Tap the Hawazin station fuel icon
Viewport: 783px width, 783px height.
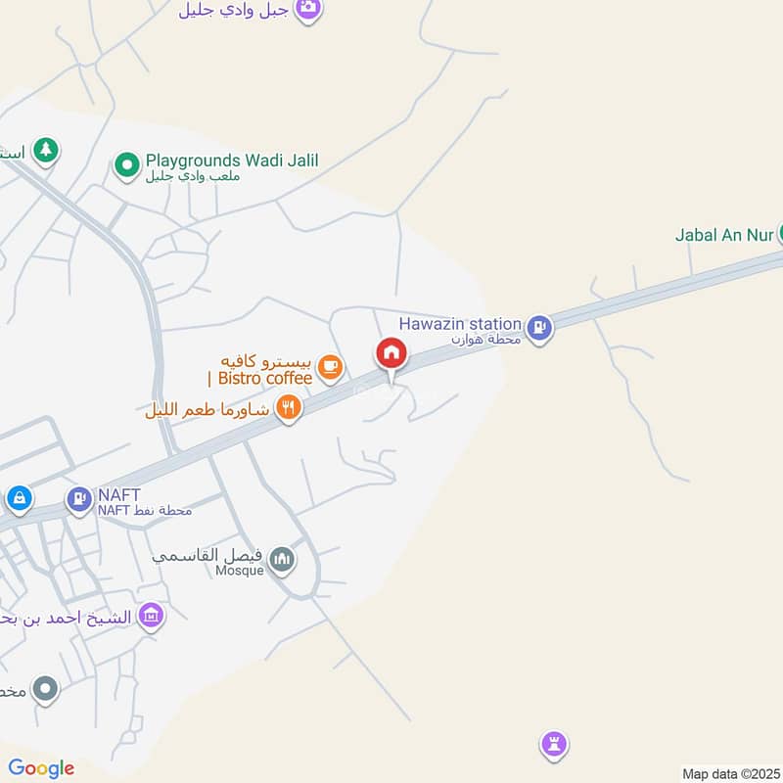(x=538, y=329)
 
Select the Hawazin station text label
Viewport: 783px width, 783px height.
(x=460, y=324)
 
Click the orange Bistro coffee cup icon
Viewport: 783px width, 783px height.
(x=330, y=367)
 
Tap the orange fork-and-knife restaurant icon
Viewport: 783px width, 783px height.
(x=288, y=407)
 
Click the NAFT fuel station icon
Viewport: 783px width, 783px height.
(x=77, y=499)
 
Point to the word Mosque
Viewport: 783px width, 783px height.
(x=240, y=571)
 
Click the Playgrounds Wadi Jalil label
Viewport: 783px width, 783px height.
(x=232, y=161)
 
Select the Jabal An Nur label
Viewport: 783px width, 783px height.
(x=724, y=235)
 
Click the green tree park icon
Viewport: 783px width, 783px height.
(x=45, y=151)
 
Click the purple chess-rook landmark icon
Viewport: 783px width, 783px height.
(x=555, y=746)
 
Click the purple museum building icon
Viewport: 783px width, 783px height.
(x=151, y=617)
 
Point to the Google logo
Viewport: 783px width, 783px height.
(x=41, y=768)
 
